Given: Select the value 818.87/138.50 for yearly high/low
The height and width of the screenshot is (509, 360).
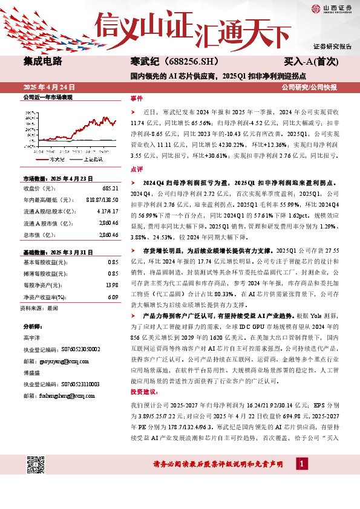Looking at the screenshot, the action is click(101, 199).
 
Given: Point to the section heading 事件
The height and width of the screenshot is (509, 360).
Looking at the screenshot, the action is click(137, 98).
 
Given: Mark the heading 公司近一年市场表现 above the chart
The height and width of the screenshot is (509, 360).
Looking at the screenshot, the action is click(48, 97).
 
